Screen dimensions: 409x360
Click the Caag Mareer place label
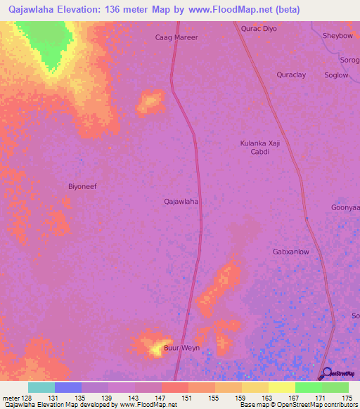click(176, 37)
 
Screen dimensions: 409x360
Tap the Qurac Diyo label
click(259, 29)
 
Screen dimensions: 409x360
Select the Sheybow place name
click(337, 36)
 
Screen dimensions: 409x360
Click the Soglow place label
click(336, 75)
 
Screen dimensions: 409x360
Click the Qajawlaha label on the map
click(181, 201)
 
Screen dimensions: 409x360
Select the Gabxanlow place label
click(291, 251)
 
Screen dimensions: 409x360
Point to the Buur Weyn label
click(182, 348)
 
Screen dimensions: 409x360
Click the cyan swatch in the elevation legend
click(41, 387)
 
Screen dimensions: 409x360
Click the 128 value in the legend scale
click(28, 398)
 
